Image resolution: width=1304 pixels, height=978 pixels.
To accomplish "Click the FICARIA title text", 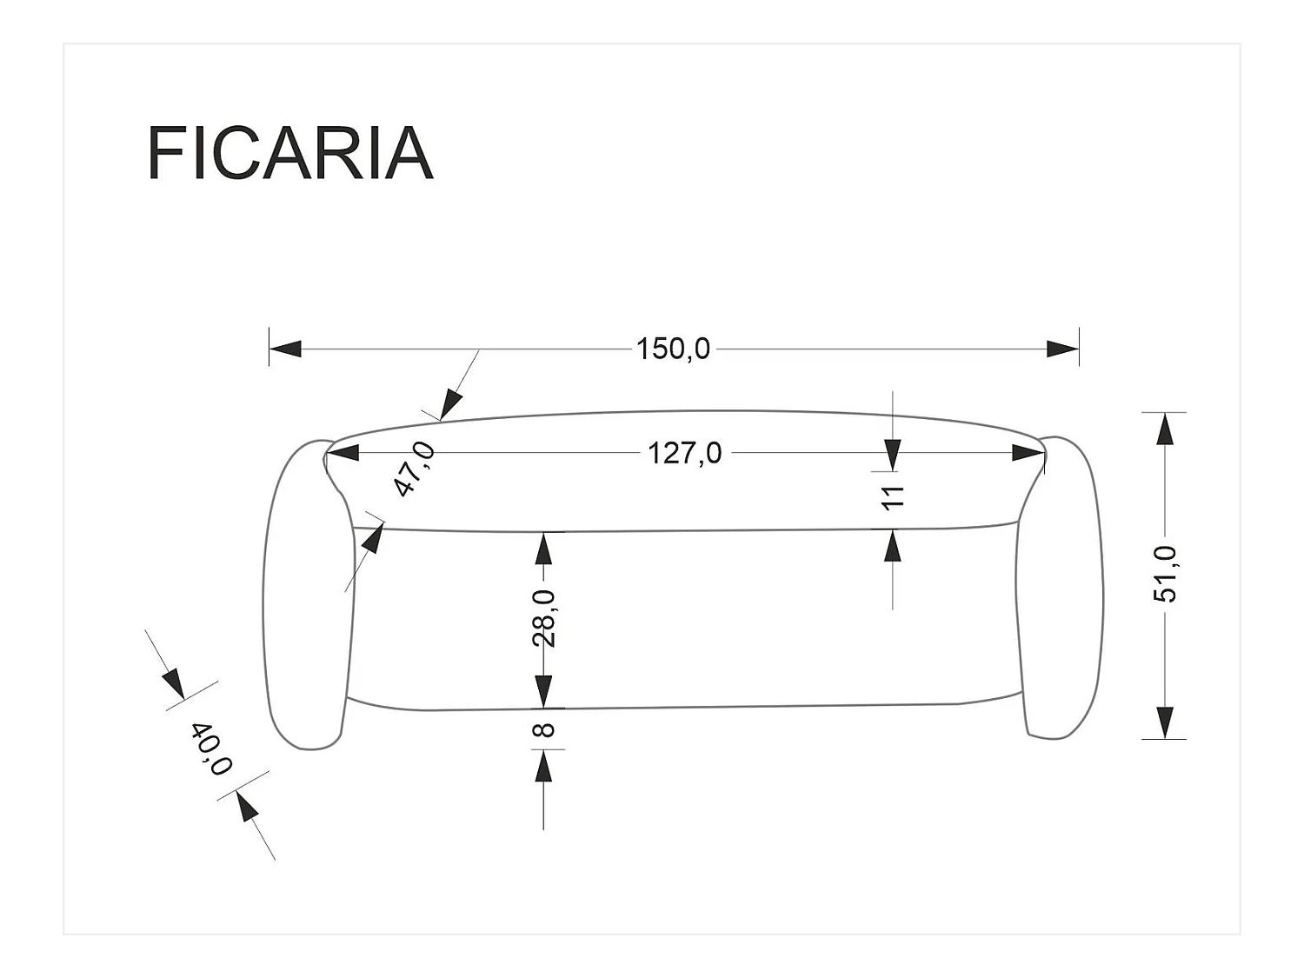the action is coord(289,153).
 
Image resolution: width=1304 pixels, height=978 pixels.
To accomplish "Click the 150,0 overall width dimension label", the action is coord(673,349).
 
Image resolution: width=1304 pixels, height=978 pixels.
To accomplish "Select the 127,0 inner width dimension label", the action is coord(685,453).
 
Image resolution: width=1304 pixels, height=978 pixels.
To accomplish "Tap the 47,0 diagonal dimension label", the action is coord(415,469).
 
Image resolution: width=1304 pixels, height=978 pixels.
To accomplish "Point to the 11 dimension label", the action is coord(893,497).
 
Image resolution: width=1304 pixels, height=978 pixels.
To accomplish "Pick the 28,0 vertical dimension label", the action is coord(543,618).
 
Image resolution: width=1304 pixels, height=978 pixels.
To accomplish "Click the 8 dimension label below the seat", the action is coord(543,729).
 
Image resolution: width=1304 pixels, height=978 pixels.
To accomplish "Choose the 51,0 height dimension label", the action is coord(1164,575).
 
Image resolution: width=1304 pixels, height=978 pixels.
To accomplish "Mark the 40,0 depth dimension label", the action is coord(211,749).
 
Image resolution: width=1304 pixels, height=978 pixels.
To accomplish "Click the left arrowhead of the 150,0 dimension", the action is coord(285,349).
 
